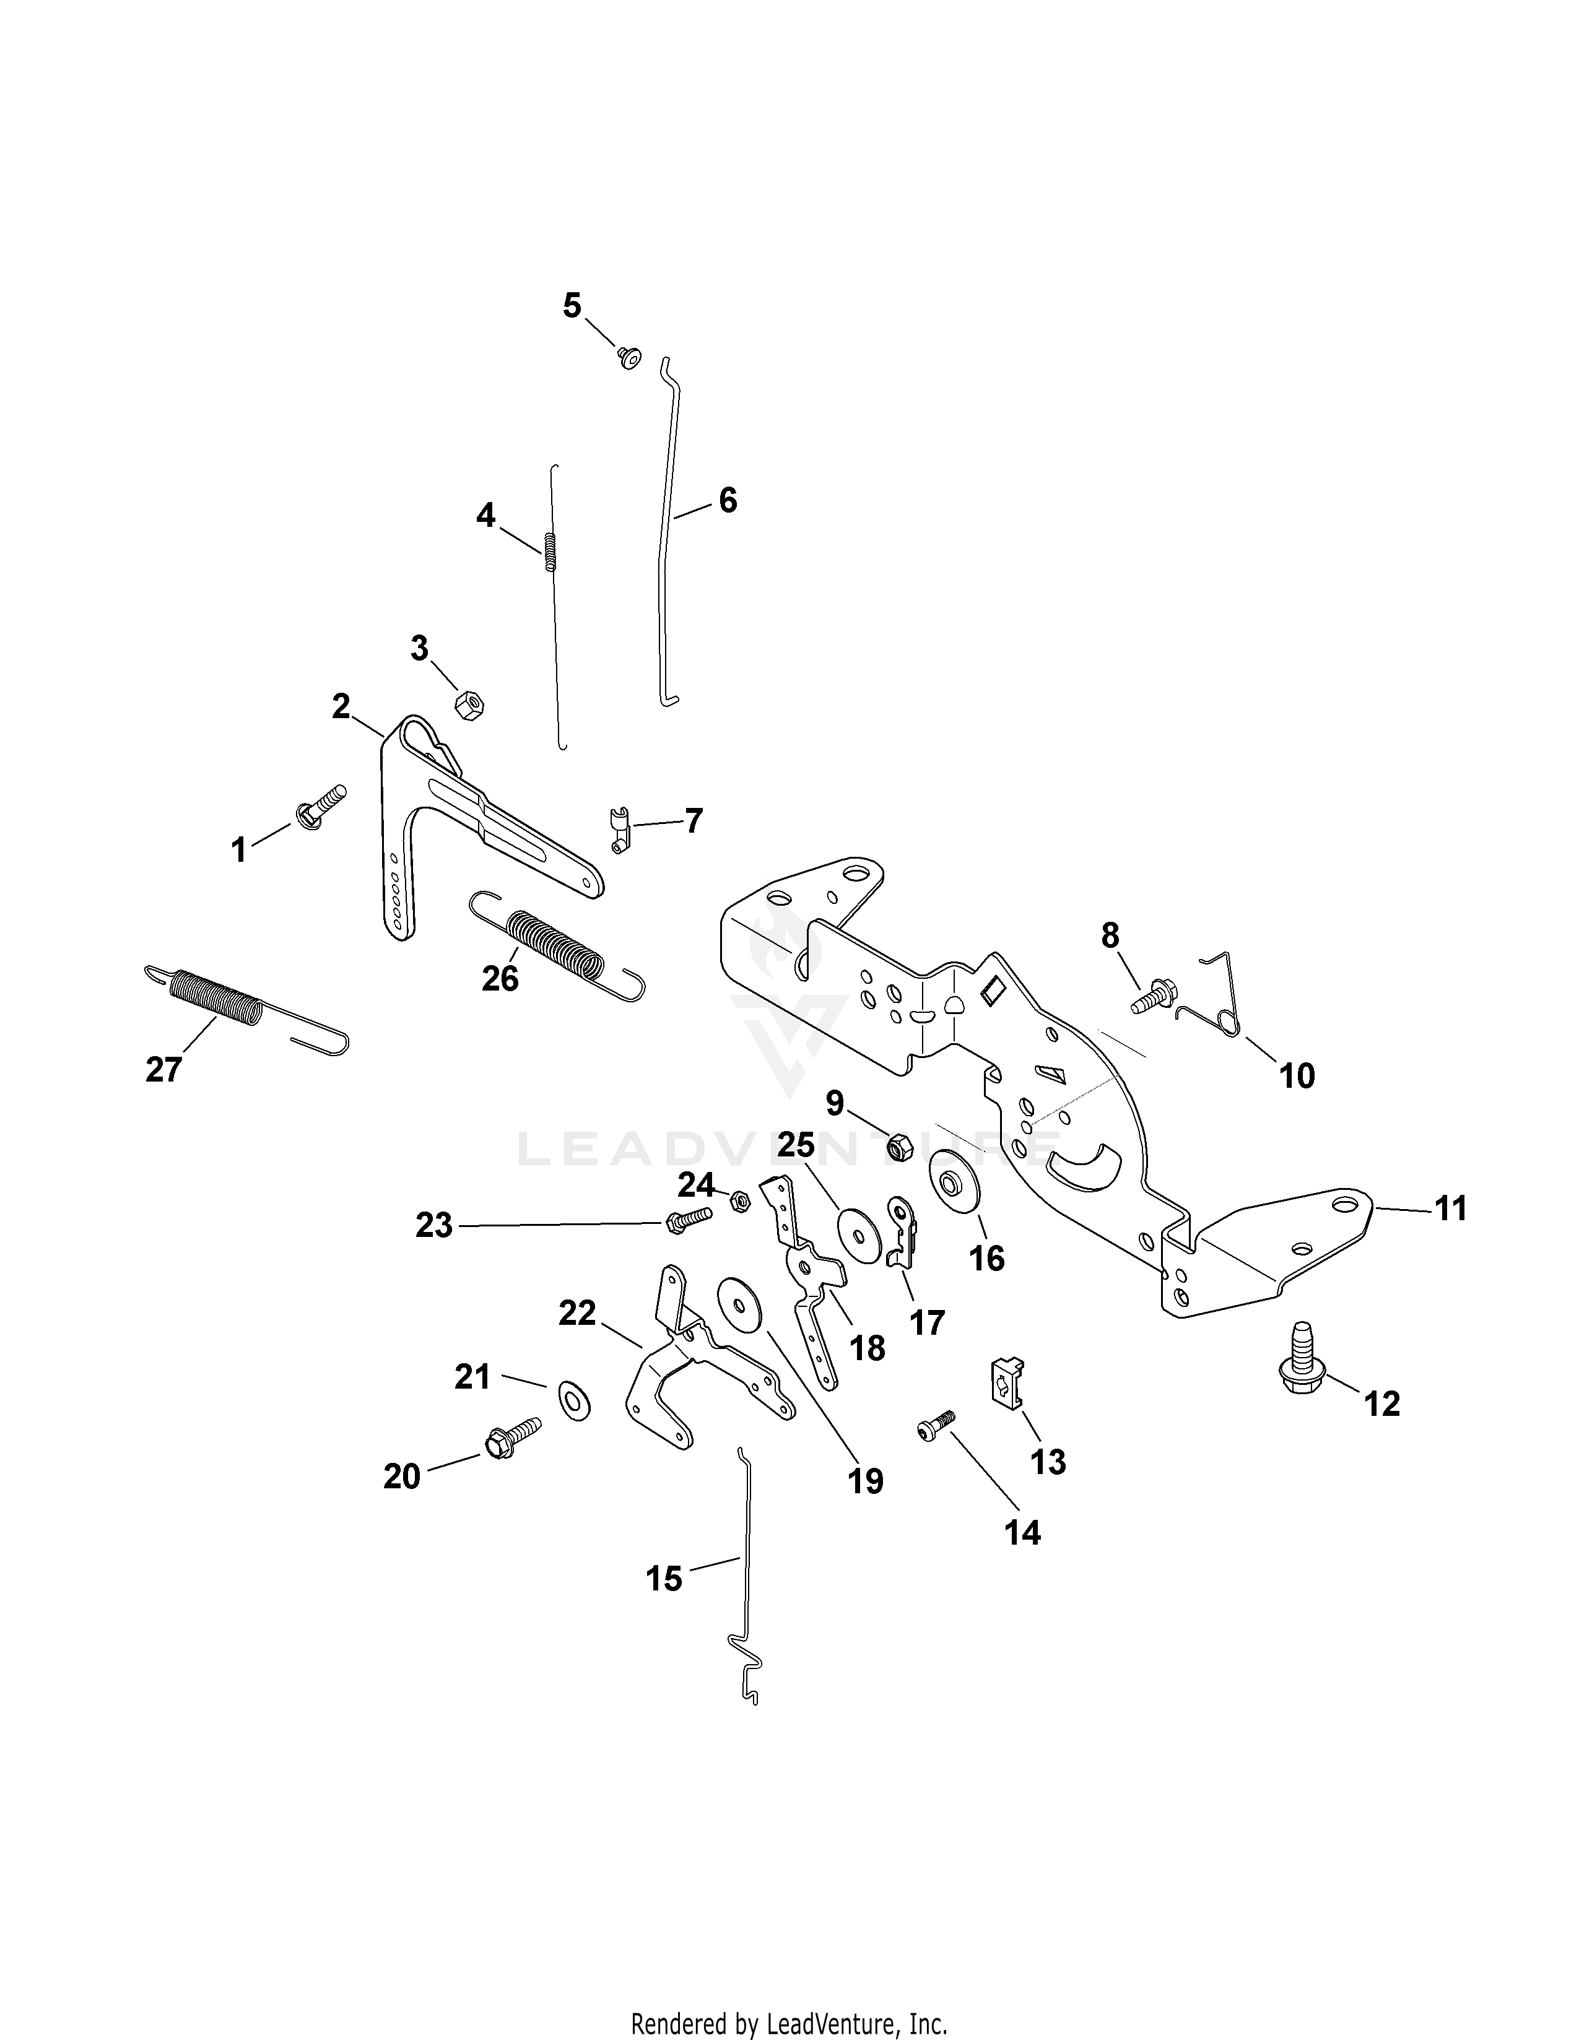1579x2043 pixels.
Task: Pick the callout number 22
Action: [x=577, y=1312]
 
